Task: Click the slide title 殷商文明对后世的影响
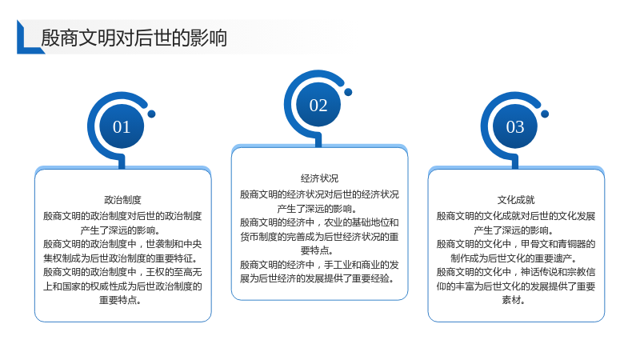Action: pyautogui.click(x=134, y=38)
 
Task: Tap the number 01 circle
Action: pyautogui.click(x=122, y=126)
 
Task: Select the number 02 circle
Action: pyautogui.click(x=318, y=105)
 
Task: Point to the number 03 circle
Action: pyautogui.click(x=515, y=126)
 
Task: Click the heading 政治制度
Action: pyautogui.click(x=123, y=200)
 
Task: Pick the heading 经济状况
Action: pyautogui.click(x=319, y=178)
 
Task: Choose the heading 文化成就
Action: pyautogui.click(x=516, y=200)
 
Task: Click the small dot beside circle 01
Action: pyautogui.click(x=151, y=114)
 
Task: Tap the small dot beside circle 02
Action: pyautogui.click(x=348, y=92)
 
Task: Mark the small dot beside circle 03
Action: pyautogui.click(x=545, y=114)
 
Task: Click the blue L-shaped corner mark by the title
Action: pyautogui.click(x=29, y=38)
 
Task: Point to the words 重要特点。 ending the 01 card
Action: pyautogui.click(x=121, y=300)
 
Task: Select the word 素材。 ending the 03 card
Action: pyautogui.click(x=514, y=300)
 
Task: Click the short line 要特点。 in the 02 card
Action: pyautogui.click(x=317, y=250)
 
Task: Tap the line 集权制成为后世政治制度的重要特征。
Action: pyautogui.click(x=121, y=258)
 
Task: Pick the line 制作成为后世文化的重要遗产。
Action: pyautogui.click(x=514, y=258)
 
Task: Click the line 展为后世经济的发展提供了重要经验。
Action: pyautogui.click(x=318, y=278)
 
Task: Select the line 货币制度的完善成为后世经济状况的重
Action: pyautogui.click(x=319, y=237)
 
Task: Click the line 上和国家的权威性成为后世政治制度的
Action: pyautogui.click(x=123, y=286)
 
